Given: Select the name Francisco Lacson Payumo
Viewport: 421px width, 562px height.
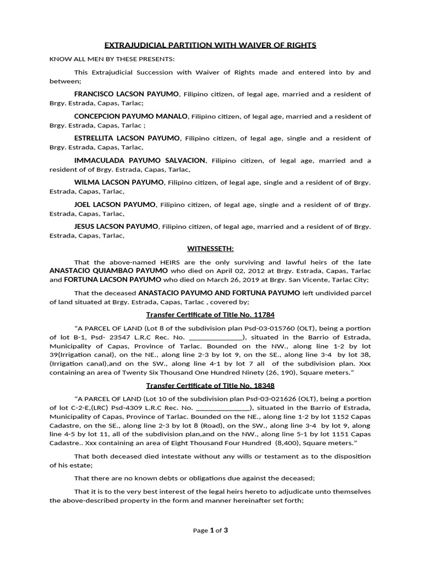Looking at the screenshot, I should tap(126, 94).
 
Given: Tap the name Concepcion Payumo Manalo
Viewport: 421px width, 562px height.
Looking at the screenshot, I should tap(131, 116).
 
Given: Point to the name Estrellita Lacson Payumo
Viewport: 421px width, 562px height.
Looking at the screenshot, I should tap(127, 138).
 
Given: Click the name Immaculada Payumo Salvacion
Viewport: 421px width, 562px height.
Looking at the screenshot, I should tap(140, 160).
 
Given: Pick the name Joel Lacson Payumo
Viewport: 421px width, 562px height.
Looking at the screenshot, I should tap(115, 204).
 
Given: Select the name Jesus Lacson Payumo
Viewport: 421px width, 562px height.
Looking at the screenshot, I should tap(116, 226).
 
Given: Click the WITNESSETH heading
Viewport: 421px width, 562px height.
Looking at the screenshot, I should tap(210, 249).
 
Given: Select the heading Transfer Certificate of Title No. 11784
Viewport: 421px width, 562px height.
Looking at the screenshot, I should tap(210, 315).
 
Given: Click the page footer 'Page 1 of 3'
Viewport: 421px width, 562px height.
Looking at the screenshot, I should tap(210, 531).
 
